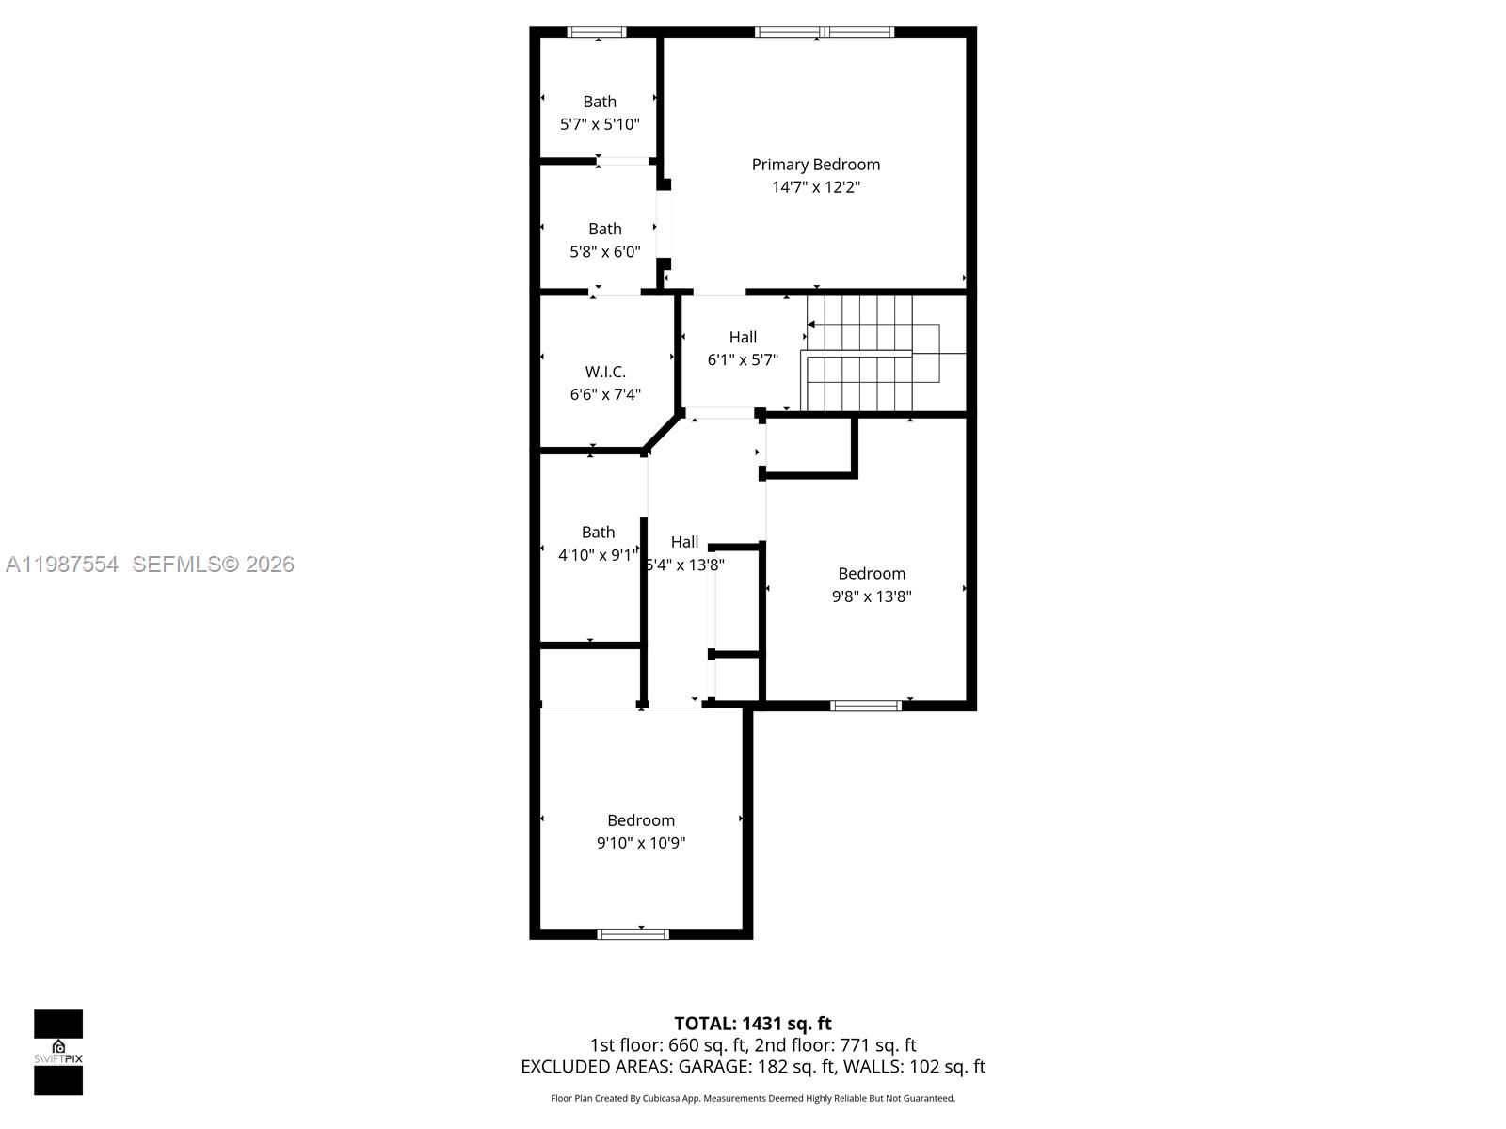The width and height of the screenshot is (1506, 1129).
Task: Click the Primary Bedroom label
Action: (815, 165)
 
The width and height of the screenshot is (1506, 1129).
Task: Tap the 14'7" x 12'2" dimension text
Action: (815, 187)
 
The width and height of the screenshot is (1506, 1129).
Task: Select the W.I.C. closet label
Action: (605, 372)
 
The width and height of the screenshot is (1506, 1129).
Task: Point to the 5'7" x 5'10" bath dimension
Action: (600, 124)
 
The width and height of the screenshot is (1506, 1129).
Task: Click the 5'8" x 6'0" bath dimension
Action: (604, 251)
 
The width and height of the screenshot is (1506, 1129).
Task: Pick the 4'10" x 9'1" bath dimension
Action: (598, 555)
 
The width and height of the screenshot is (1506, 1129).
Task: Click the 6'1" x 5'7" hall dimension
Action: (743, 359)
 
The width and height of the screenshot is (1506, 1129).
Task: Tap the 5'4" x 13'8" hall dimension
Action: (685, 564)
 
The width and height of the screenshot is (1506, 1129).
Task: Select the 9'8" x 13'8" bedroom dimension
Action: (872, 596)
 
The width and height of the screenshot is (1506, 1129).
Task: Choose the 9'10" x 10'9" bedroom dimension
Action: (641, 843)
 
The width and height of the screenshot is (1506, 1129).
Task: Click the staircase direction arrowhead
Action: (811, 325)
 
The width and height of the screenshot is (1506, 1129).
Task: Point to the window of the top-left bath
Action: (597, 32)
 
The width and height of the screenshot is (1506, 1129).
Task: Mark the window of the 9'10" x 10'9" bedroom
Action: (633, 934)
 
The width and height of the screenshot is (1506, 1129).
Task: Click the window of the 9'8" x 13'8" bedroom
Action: (866, 705)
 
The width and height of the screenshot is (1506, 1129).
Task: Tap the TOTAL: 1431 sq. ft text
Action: (753, 1023)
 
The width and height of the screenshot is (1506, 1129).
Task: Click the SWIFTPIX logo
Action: (58, 1052)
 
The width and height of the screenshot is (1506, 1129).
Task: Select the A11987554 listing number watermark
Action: (62, 564)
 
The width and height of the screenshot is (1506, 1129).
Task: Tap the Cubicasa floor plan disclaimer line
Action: (753, 1098)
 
